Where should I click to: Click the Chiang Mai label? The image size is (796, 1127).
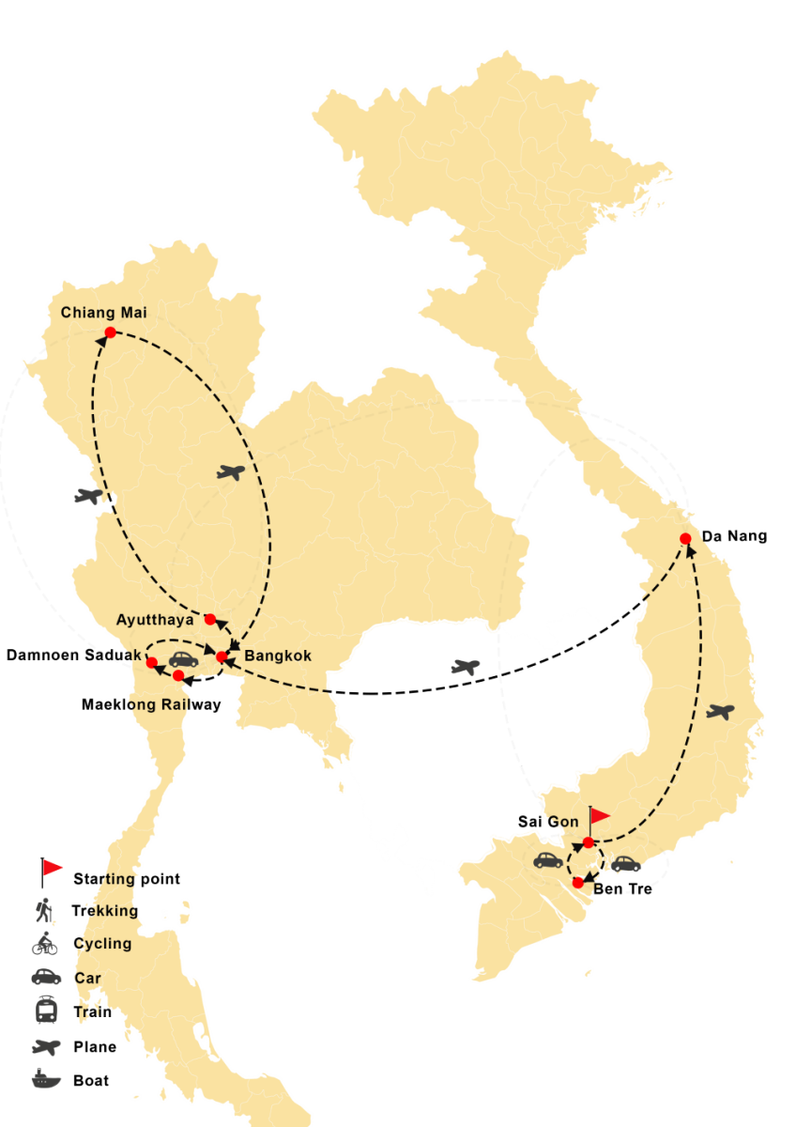point(104,313)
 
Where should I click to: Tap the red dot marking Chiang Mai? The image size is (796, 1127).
point(110,332)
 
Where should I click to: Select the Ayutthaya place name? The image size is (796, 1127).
point(155,620)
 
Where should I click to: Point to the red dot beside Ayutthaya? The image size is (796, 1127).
point(210,619)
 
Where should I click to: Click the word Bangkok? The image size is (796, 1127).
point(277,656)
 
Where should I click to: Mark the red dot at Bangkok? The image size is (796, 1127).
point(222,656)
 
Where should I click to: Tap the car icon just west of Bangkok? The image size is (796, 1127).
point(183,659)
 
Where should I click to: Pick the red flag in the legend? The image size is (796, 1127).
point(52,869)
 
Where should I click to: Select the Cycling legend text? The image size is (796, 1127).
point(102,944)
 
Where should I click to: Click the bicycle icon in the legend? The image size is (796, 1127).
point(45,944)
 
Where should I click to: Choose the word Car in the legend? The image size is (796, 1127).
point(87,978)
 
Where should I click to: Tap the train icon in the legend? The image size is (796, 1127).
point(46,1011)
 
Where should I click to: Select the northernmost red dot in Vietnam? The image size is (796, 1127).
point(685,538)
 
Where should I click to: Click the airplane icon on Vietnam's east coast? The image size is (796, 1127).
point(720,712)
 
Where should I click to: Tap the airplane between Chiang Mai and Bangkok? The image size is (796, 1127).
point(230,472)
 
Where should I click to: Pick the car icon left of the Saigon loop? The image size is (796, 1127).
point(548,859)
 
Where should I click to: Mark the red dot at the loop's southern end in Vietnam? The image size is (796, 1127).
point(577,883)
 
